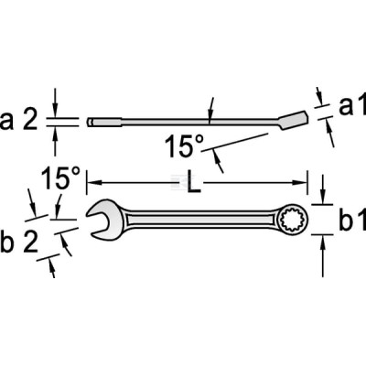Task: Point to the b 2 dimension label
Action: pos(19,242)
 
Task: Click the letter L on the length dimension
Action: pos(194,182)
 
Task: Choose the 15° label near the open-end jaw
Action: pos(60,178)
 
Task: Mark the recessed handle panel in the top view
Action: pos(200,220)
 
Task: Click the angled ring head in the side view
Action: pos(294,120)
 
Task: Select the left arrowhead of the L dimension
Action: pos(94,183)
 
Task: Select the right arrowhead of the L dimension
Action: pos(300,183)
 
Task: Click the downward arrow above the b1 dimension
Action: pos(323,188)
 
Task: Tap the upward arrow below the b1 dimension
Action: pos(323,256)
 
